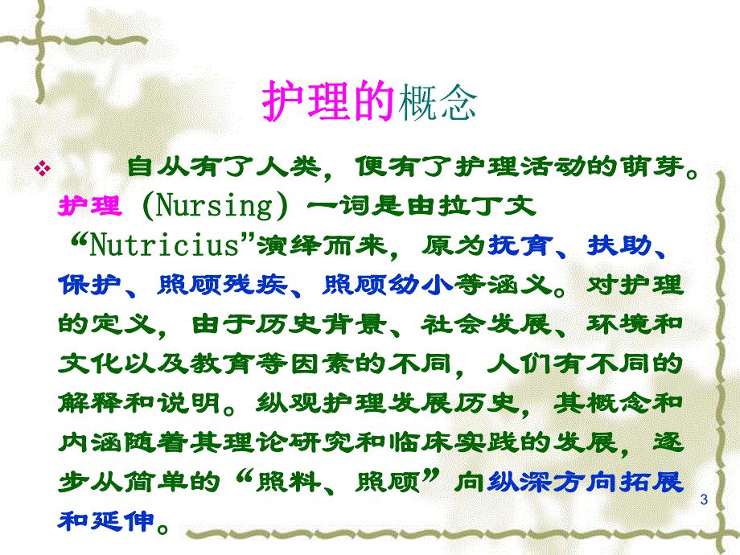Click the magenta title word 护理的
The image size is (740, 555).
(x=330, y=103)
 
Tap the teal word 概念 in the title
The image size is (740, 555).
(x=438, y=103)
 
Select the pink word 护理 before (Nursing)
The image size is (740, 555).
(x=90, y=206)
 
